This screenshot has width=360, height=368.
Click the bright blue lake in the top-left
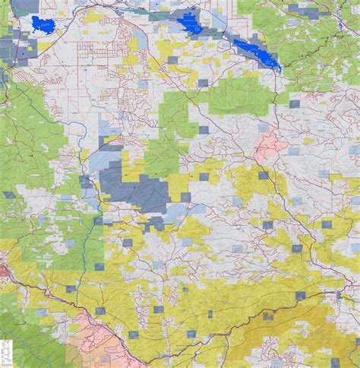point(41,24)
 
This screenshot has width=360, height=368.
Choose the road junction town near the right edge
point(339,293)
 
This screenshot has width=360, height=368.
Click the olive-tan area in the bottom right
point(304,335)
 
